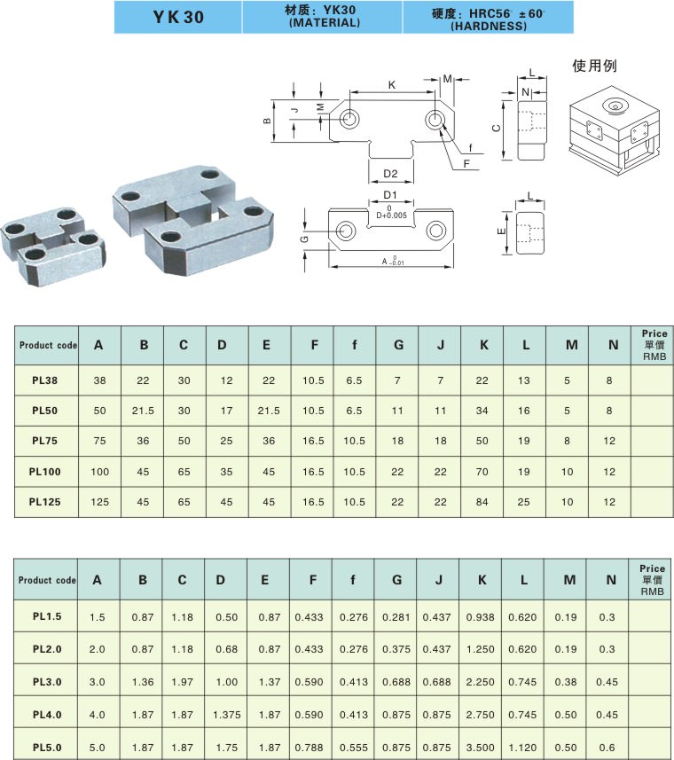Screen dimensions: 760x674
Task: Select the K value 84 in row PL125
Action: (483, 501)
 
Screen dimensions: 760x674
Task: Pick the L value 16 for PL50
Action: (525, 411)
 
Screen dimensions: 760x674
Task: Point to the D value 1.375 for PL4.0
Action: (225, 714)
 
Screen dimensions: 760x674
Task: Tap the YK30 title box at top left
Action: (178, 17)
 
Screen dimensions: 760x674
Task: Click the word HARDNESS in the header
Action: (489, 27)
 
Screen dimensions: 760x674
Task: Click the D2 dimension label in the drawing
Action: (390, 173)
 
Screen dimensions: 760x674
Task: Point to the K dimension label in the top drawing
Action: (391, 84)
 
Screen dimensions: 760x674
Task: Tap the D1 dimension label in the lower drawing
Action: (390, 194)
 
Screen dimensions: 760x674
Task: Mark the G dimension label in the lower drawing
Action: (304, 239)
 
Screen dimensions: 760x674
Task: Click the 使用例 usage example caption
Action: (594, 66)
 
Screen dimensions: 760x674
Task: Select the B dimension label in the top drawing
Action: (267, 121)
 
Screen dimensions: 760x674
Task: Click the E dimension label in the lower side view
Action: (501, 232)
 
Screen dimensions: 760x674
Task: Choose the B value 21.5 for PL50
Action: (143, 411)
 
